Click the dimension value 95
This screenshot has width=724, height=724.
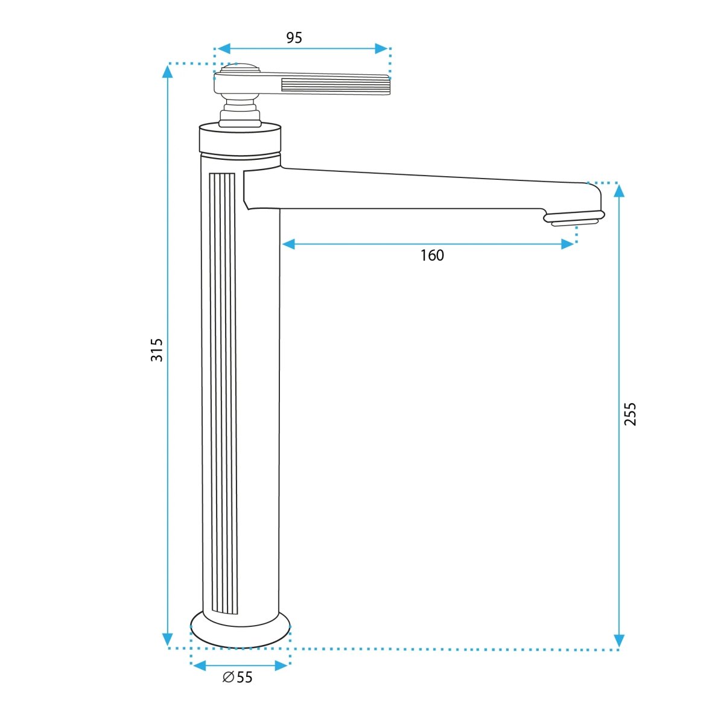(x=294, y=37)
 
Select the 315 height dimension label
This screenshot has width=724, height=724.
(x=157, y=350)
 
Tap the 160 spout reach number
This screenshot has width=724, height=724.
(x=432, y=255)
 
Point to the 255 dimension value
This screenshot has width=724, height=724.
(x=630, y=414)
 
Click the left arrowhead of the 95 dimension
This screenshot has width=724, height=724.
(x=224, y=48)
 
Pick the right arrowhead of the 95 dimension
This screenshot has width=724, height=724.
(x=381, y=48)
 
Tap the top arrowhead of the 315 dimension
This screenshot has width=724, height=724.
(x=168, y=71)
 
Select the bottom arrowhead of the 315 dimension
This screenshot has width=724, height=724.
(x=168, y=639)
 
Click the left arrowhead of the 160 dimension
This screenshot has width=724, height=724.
(x=288, y=244)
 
